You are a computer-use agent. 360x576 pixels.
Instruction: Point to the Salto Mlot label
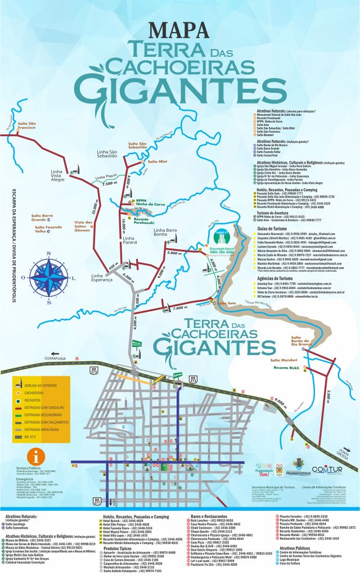(x=157, y=161)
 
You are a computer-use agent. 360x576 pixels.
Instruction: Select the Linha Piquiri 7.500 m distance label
(x=110, y=183)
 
